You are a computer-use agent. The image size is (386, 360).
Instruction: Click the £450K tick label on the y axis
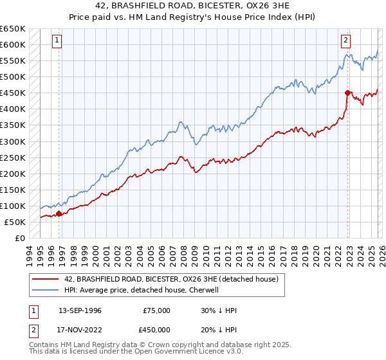(12, 93)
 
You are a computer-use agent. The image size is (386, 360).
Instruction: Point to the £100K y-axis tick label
(12, 206)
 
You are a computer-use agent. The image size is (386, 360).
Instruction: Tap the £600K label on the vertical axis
(12, 45)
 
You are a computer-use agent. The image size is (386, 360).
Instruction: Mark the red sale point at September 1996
(59, 213)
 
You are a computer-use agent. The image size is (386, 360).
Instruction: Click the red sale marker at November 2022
(347, 93)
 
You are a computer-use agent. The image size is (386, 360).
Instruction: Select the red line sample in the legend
(46, 280)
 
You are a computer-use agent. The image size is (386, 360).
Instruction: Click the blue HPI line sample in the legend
(46, 290)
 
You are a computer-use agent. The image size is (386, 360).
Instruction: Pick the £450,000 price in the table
(156, 329)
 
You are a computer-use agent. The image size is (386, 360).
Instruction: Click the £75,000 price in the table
(156, 310)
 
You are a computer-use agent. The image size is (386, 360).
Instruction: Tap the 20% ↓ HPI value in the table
(218, 329)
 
